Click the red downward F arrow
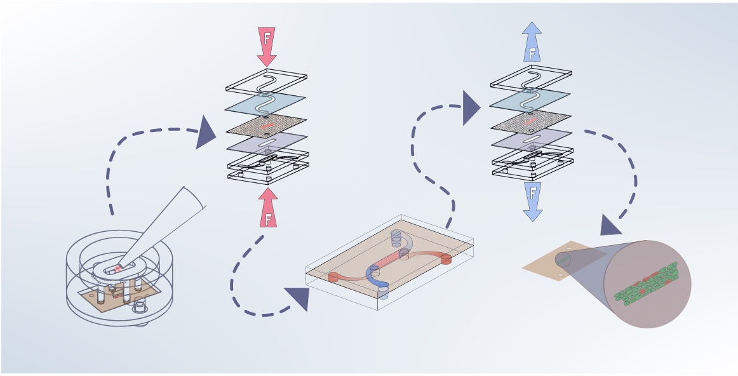(267, 44)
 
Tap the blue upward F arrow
(532, 43)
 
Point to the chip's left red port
(332, 276)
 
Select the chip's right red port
(445, 258)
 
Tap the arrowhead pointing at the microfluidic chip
(298, 299)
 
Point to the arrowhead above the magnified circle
(611, 225)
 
